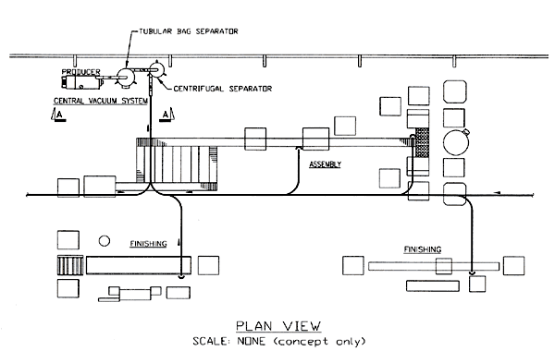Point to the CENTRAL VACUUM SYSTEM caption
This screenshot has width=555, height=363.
click(101, 100)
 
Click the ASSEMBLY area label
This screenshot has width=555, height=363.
click(325, 164)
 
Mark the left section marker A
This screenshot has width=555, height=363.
click(58, 114)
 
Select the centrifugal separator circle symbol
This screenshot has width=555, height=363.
click(156, 68)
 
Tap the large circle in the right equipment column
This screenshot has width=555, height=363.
click(455, 144)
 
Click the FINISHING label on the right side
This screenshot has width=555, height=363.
click(423, 249)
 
